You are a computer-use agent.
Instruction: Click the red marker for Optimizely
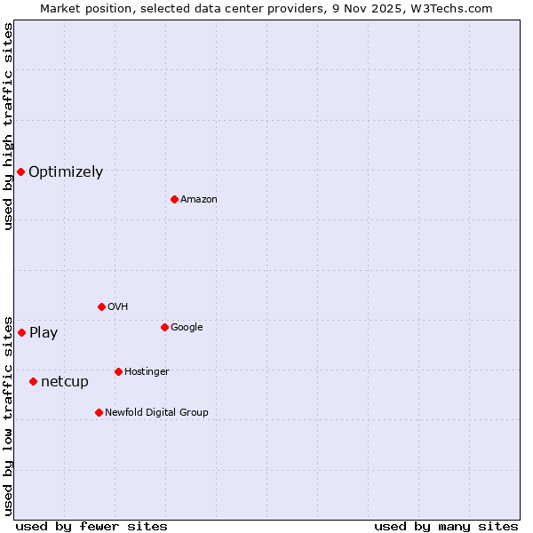(20, 171)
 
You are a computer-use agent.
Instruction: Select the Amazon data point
(174, 199)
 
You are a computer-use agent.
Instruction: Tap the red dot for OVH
(101, 306)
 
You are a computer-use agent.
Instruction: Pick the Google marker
(164, 327)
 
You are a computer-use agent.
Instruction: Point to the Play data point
(21, 332)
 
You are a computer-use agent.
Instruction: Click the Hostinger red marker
(118, 371)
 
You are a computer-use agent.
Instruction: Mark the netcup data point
(33, 381)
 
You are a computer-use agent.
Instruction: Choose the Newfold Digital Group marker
(99, 412)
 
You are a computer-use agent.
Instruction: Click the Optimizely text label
(66, 172)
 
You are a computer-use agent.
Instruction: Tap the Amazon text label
(199, 200)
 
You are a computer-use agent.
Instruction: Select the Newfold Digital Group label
(156, 412)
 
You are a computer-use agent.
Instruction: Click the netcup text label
(65, 382)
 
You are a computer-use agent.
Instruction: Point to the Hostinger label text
(147, 371)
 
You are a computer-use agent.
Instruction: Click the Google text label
(187, 328)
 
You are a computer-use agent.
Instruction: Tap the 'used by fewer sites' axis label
(91, 527)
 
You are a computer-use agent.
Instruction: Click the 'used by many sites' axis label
(446, 527)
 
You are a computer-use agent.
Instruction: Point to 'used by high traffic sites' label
(8, 126)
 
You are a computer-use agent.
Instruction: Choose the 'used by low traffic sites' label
(8, 415)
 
